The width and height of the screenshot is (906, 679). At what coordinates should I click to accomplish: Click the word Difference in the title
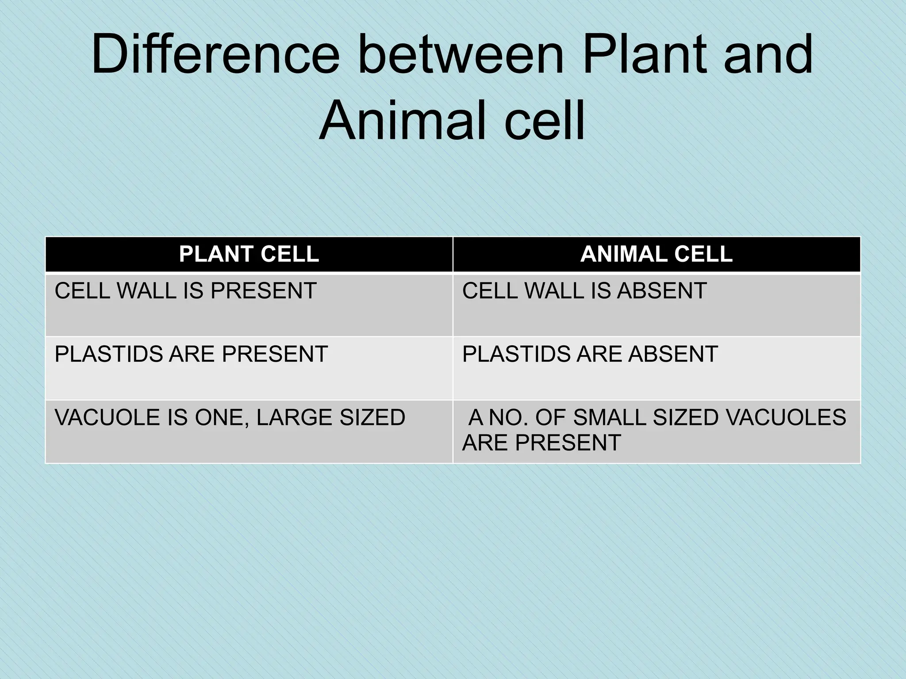point(215,55)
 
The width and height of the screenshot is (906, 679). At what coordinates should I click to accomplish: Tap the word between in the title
point(461,55)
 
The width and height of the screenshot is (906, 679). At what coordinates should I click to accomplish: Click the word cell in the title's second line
point(545,121)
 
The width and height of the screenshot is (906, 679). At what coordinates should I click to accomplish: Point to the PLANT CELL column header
point(249,254)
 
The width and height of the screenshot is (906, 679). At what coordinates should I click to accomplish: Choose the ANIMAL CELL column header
point(656,254)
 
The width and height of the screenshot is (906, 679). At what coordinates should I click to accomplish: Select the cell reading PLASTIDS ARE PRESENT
point(191,354)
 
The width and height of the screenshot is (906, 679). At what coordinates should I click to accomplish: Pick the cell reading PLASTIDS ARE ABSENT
point(590,354)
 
